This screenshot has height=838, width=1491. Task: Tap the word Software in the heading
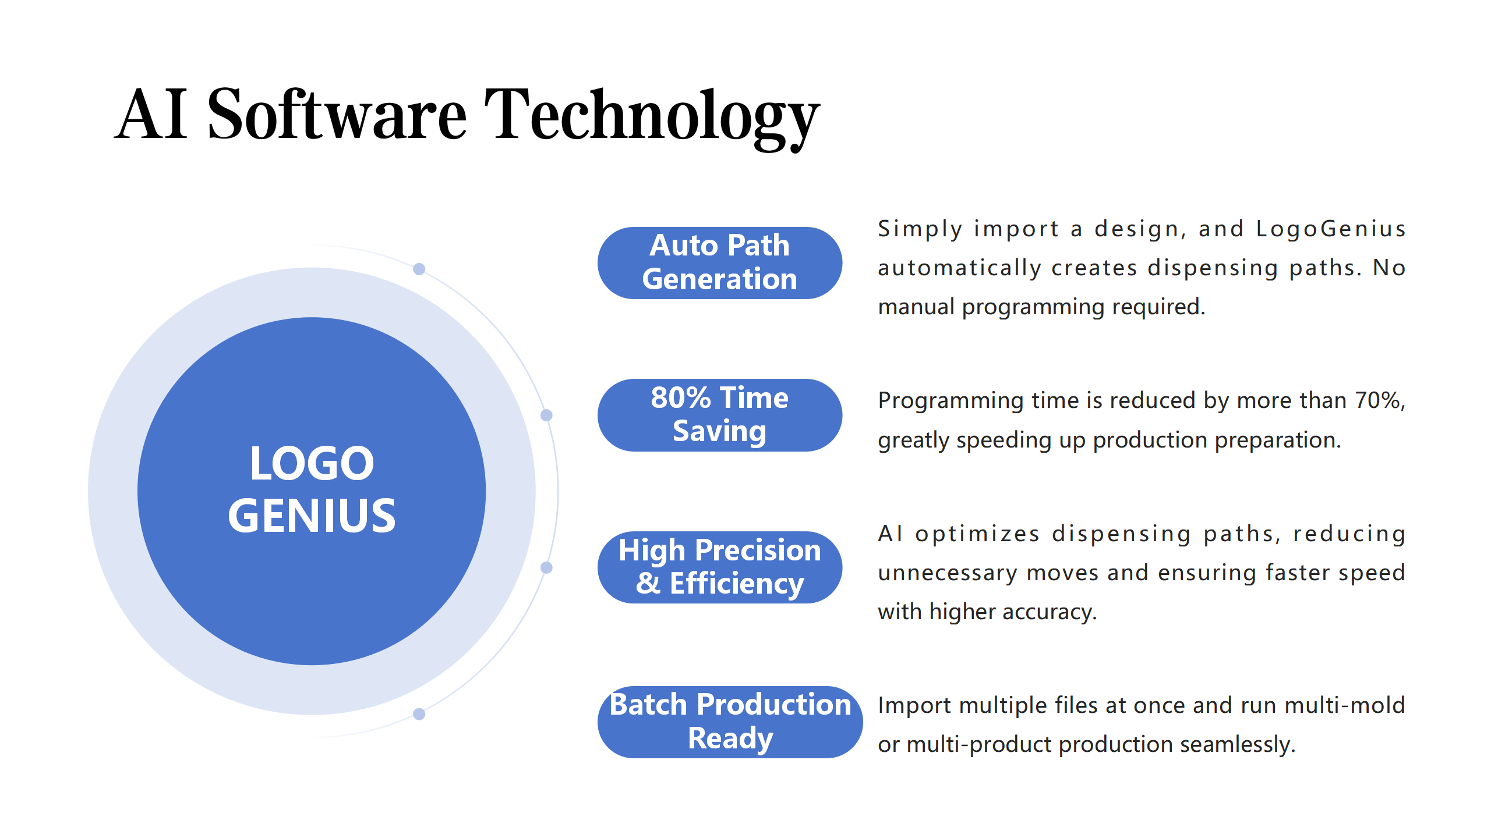(x=337, y=113)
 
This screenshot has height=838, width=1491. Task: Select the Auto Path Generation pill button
(x=720, y=263)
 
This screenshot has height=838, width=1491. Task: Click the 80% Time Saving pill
(x=720, y=415)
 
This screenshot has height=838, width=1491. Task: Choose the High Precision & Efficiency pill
(x=720, y=567)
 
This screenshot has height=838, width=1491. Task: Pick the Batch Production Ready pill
(x=730, y=722)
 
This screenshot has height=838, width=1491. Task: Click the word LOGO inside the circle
(x=312, y=463)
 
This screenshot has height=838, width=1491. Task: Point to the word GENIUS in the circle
(x=312, y=516)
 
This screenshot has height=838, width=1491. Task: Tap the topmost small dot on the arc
(x=419, y=269)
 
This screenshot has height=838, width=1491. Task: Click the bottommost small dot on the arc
(x=419, y=714)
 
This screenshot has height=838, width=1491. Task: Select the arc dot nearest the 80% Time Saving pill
(x=546, y=415)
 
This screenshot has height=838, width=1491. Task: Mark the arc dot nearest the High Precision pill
(x=546, y=567)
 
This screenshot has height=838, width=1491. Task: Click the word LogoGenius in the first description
(x=1331, y=229)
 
